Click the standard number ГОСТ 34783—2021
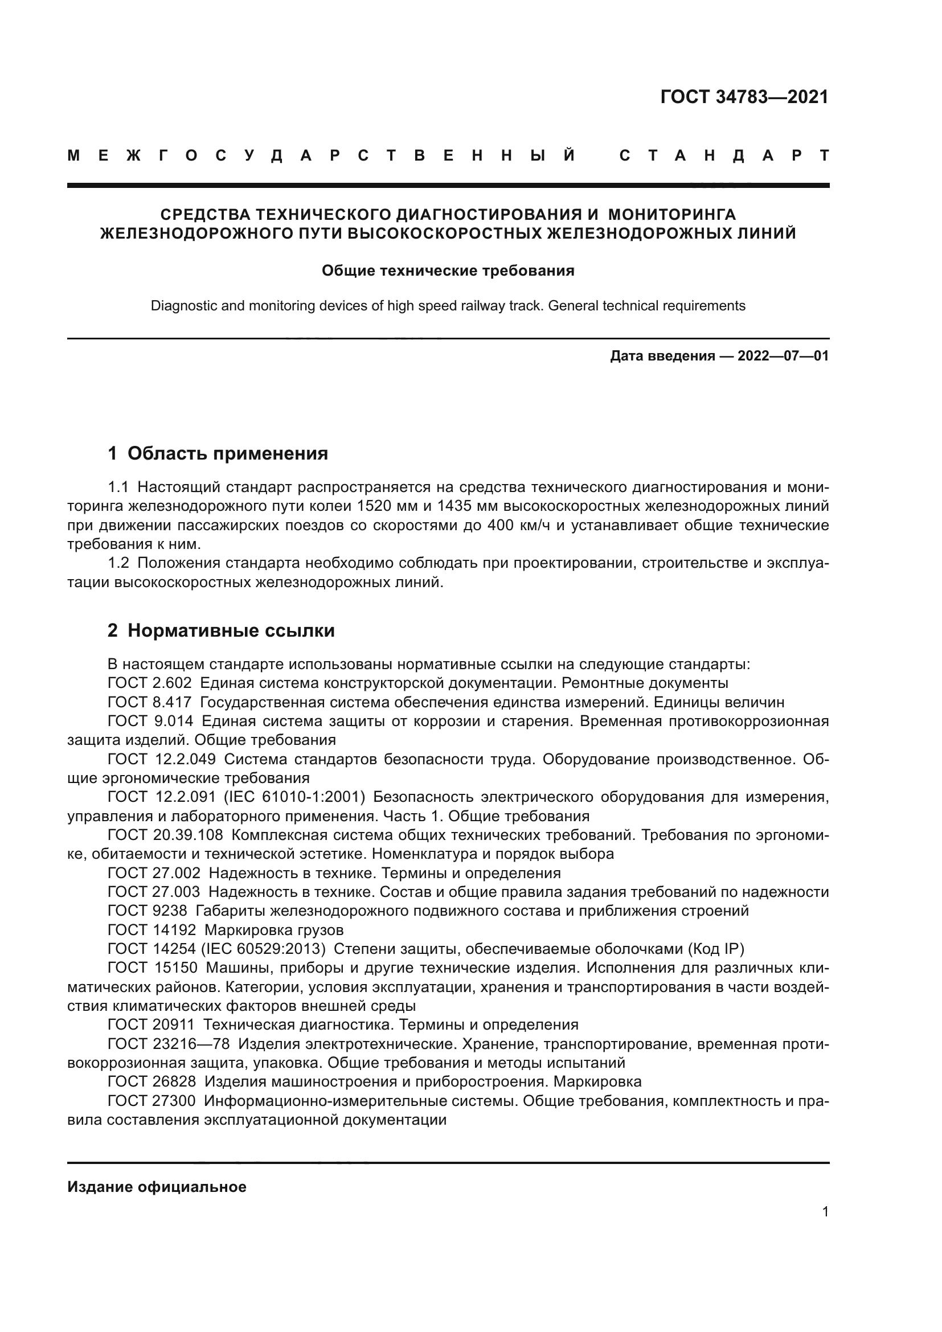tap(744, 97)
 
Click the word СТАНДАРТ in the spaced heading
tap(724, 155)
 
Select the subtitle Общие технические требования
tap(448, 271)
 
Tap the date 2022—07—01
tap(783, 356)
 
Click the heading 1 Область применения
tap(218, 453)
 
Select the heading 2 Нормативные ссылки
tap(221, 630)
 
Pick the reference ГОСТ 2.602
tap(150, 683)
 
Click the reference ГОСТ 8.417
tap(150, 702)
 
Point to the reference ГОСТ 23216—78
tap(168, 1044)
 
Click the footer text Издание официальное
tap(157, 1187)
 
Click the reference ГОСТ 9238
tap(148, 911)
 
